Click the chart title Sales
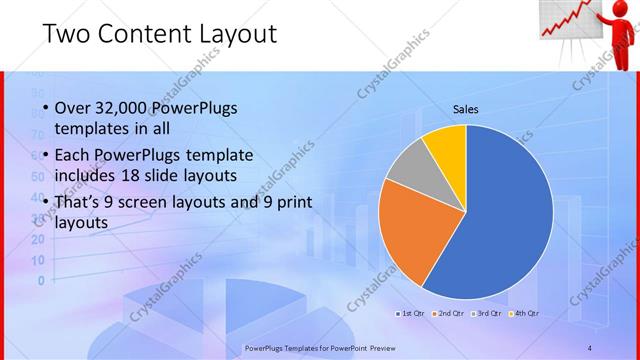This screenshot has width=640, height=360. tap(466, 108)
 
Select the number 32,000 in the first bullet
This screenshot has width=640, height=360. tap(130, 108)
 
